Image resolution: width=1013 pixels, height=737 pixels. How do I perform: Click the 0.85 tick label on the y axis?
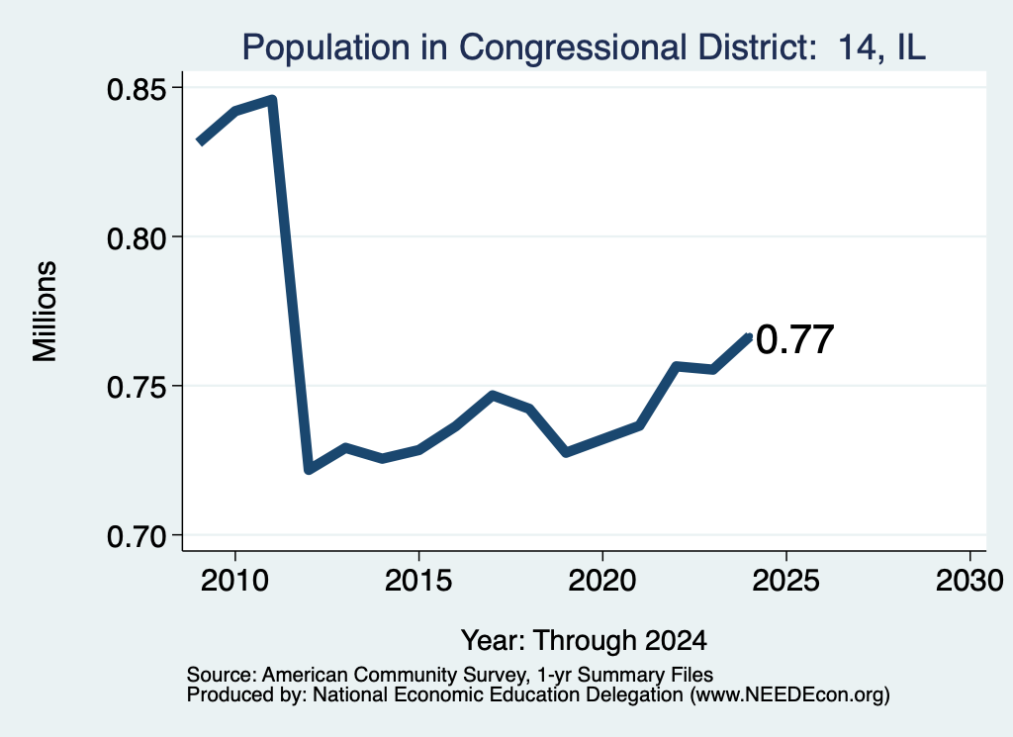coord(137,89)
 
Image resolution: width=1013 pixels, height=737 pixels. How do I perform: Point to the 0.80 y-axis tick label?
coord(137,238)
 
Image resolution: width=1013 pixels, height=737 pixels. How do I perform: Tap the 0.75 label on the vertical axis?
coord(137,388)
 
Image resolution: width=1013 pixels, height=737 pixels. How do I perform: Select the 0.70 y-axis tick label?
coord(137,537)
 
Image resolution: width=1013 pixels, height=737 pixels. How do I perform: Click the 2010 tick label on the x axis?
coord(234,581)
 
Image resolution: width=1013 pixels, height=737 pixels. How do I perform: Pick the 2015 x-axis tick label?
coord(418,581)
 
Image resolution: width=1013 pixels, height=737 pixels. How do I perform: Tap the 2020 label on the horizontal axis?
coord(602,581)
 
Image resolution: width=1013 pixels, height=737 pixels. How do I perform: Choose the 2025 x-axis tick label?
coord(785,581)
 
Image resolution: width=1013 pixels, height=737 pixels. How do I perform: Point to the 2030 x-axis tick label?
coord(969,581)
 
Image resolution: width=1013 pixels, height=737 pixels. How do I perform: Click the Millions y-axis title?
coord(45,312)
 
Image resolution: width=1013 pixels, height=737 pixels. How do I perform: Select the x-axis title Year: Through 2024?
coord(584,641)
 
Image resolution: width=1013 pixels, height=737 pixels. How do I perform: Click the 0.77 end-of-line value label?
coord(794,339)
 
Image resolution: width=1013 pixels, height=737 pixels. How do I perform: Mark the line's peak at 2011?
coord(273,100)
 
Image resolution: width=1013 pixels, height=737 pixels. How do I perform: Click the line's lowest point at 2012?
coord(309,469)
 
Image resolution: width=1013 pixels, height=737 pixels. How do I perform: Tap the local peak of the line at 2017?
coord(493,395)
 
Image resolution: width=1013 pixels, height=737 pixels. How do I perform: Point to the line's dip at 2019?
coord(566,452)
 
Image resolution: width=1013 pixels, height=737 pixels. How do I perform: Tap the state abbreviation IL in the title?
coord(910,47)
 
